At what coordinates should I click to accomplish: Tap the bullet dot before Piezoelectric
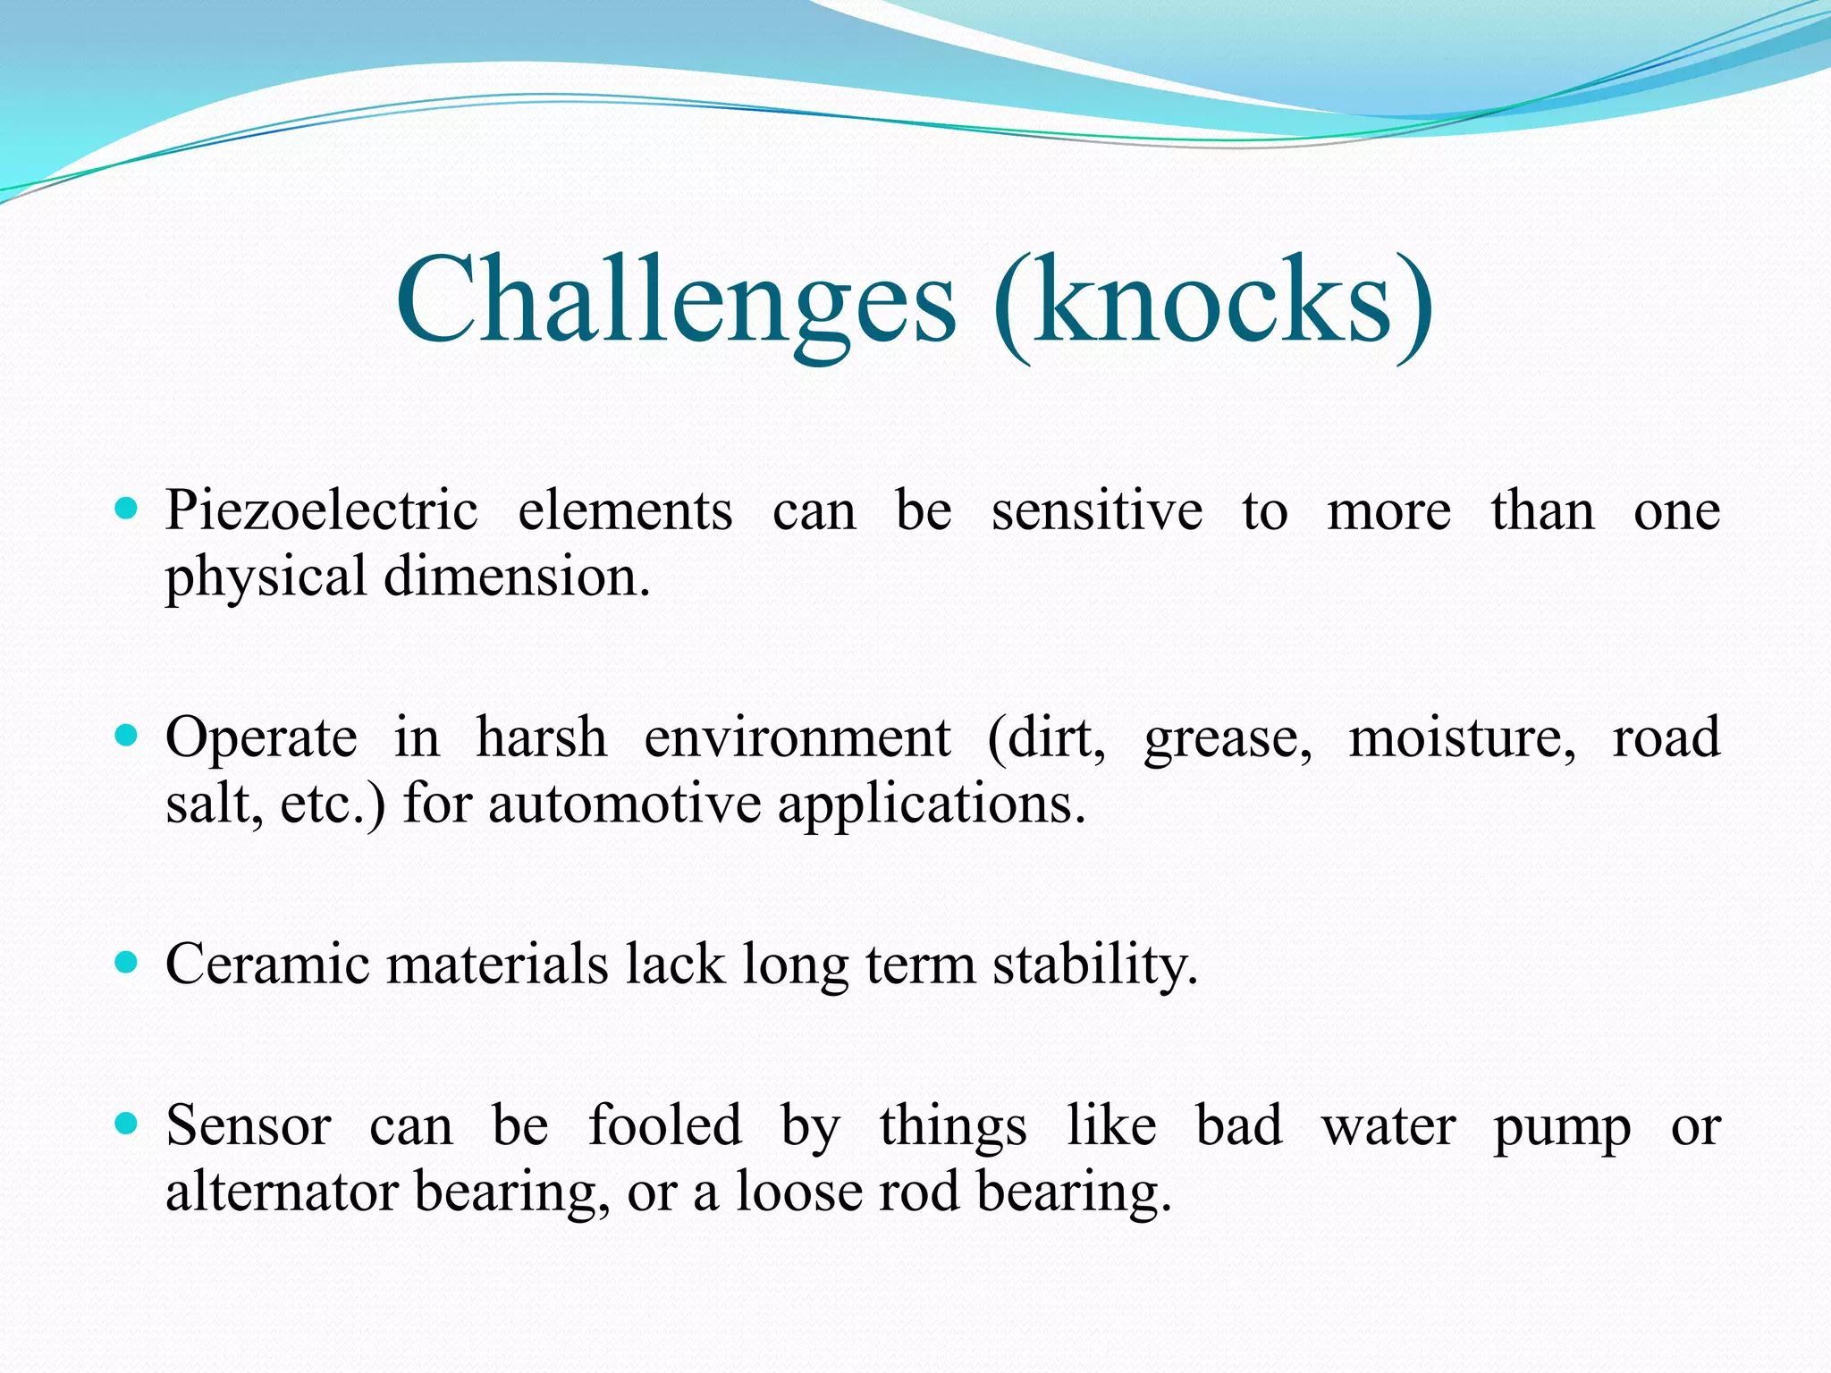(x=127, y=510)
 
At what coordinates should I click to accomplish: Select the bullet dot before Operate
(x=127, y=737)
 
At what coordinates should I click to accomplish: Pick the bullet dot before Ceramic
(x=127, y=963)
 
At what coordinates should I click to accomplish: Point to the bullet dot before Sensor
(x=127, y=1124)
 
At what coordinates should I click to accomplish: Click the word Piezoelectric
(x=322, y=512)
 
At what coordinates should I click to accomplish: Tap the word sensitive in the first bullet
(x=1097, y=512)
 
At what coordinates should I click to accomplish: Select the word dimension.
(x=517, y=577)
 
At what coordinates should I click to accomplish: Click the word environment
(x=797, y=738)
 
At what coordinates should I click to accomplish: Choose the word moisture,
(x=1462, y=738)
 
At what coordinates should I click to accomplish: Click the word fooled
(x=665, y=1125)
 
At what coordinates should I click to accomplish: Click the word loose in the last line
(x=799, y=1192)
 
